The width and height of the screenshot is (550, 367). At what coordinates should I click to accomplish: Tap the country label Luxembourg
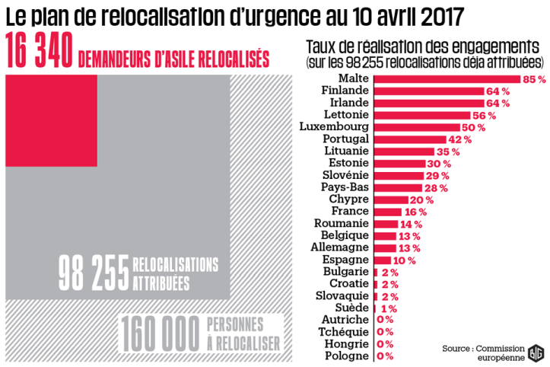point(335,126)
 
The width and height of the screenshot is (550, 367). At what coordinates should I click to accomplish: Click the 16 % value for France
point(415,212)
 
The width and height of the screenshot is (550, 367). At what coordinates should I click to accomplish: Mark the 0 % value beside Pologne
point(385,356)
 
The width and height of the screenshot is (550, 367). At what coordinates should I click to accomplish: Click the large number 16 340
point(40,53)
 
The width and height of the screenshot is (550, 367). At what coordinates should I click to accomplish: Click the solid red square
point(50,119)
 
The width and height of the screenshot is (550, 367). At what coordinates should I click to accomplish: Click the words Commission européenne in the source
point(495,353)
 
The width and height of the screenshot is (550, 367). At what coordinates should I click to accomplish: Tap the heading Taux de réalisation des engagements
point(425,45)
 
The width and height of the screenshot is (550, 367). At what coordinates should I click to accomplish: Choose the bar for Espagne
point(384,260)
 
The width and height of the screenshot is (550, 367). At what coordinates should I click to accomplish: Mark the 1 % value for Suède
point(389,308)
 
